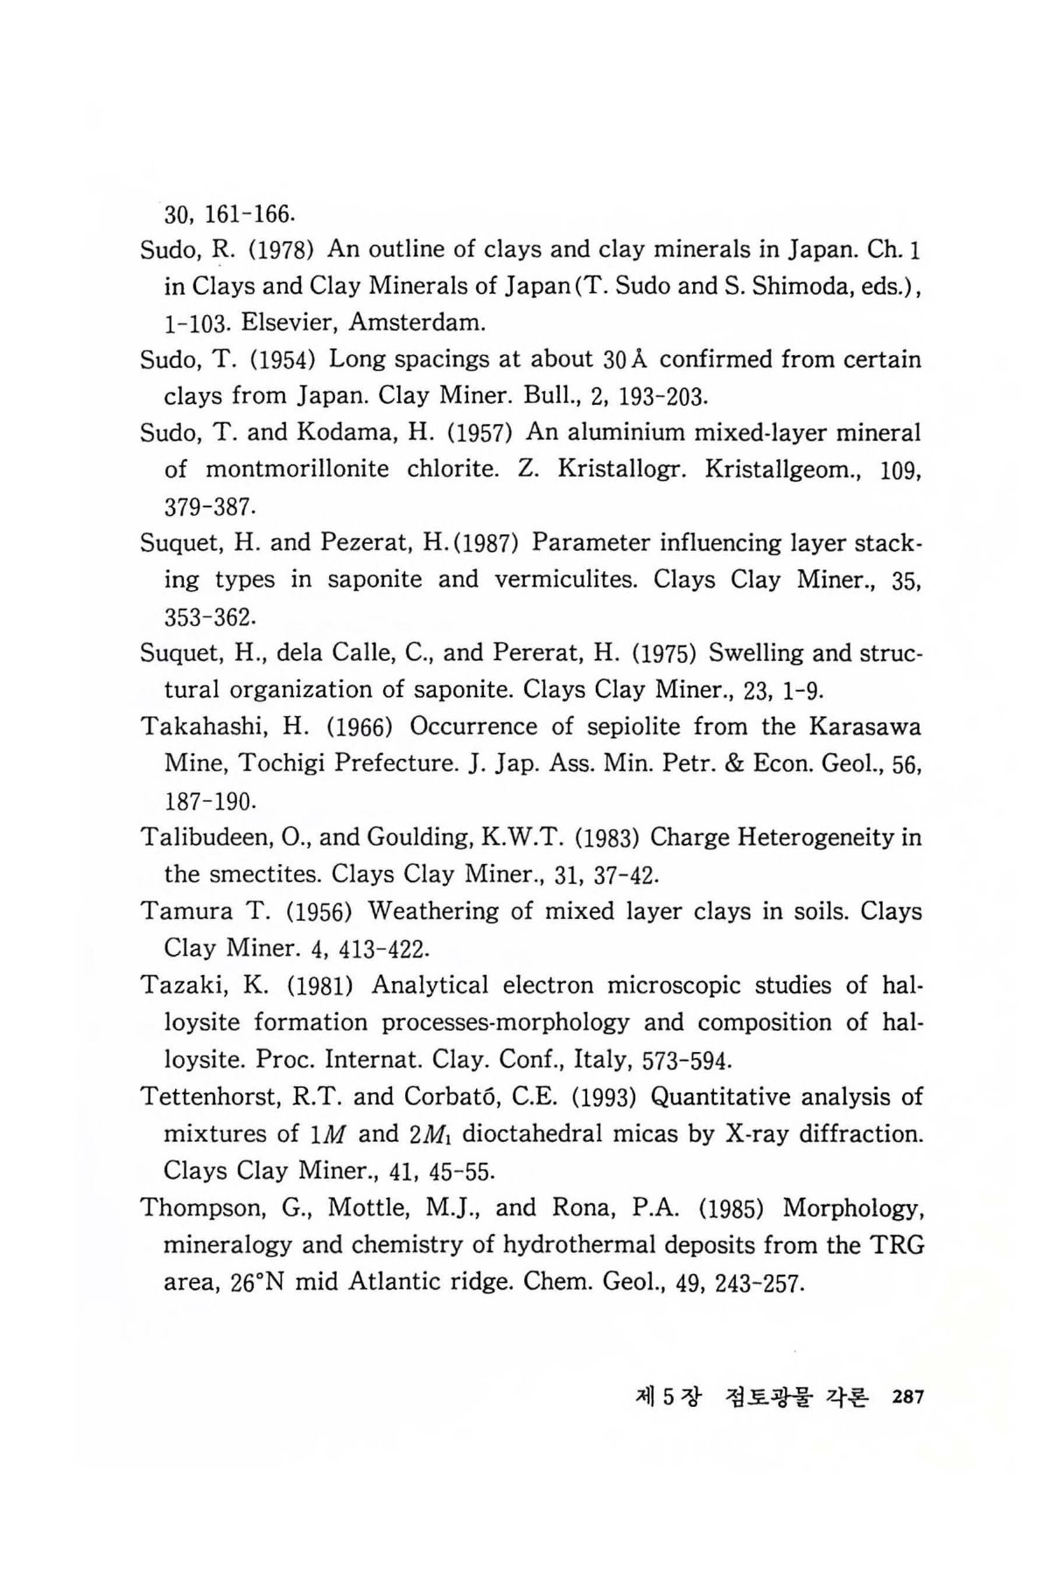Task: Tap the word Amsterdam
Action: (x=416, y=323)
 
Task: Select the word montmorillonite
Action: (x=297, y=470)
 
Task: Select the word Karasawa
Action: (x=864, y=728)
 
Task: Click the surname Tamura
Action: (x=183, y=912)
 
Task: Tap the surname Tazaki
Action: (x=178, y=986)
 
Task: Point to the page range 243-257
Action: (x=758, y=1284)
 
